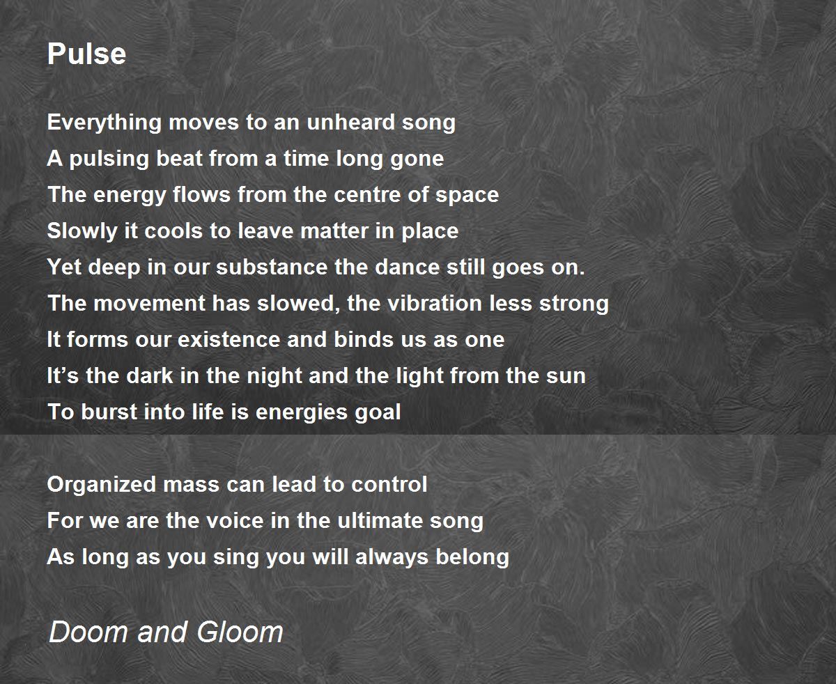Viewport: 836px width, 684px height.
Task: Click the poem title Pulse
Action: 86,54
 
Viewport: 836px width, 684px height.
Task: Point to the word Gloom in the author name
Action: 240,632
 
